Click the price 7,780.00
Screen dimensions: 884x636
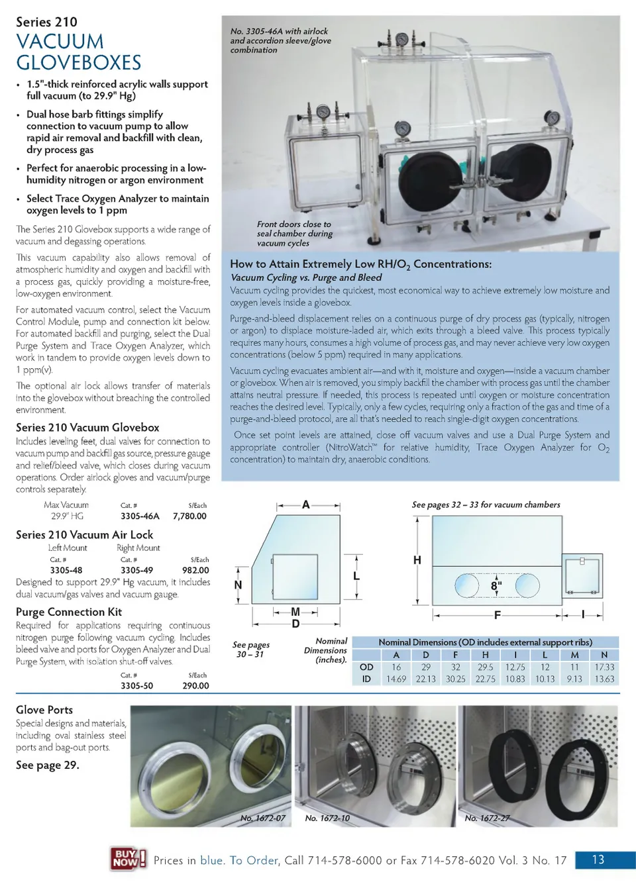189,516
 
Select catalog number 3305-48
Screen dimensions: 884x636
66,570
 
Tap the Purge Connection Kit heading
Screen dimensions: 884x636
69,612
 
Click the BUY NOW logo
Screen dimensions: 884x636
127,859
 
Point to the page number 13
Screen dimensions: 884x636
598,859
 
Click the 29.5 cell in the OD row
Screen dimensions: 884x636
485,667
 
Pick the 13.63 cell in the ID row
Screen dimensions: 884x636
604,679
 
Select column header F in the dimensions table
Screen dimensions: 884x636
455,655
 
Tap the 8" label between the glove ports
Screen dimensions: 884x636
496,586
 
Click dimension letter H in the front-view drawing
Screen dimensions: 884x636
417,560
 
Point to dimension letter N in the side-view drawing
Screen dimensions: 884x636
238,585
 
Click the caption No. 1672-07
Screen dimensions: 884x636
262,818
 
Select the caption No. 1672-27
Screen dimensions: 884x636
487,818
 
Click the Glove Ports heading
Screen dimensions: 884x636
44,710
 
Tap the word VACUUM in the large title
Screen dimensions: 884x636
60,42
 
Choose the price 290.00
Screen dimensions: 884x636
195,686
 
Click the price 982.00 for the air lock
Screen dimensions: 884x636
195,570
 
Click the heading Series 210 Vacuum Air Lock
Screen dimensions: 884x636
84,534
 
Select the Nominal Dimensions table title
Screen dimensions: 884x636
485,642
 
